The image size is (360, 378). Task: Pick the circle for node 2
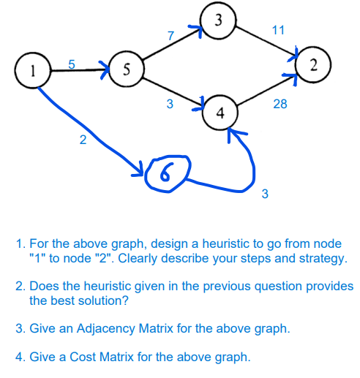[313, 65]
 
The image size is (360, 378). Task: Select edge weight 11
[278, 31]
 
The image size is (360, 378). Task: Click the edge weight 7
[170, 35]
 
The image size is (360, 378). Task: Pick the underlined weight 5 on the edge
[72, 64]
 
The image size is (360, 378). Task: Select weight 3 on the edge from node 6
[265, 194]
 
